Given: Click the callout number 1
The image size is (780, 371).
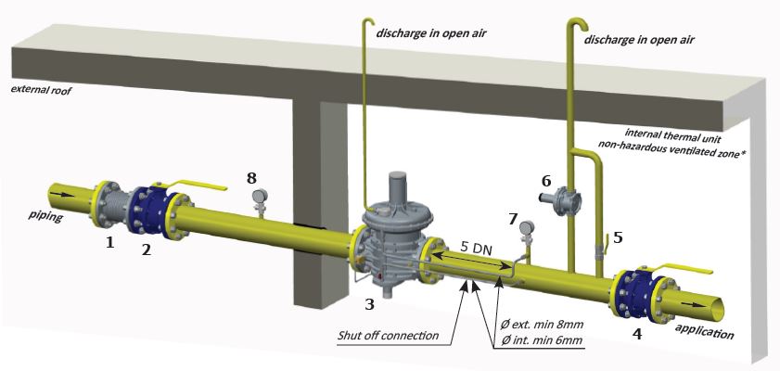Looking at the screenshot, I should [109, 244].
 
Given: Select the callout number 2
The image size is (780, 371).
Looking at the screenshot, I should [146, 249].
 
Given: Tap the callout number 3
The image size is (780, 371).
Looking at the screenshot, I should [368, 303].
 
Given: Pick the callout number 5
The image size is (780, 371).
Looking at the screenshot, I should [617, 237].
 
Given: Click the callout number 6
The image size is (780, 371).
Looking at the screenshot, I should [546, 180].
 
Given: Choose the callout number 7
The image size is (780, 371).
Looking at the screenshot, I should [513, 219].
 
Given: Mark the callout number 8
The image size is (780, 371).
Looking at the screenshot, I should [252, 176].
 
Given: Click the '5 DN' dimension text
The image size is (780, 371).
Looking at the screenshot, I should [475, 249].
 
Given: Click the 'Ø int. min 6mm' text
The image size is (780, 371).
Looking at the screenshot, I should [542, 341].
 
